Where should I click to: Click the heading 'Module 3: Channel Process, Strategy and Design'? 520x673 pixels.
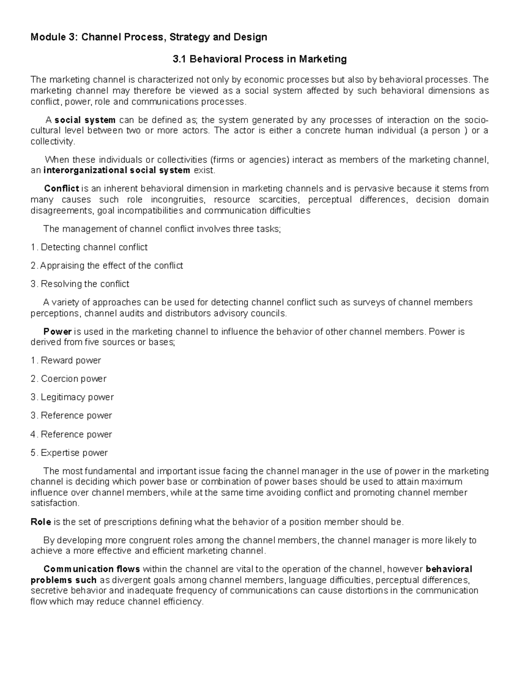(x=149, y=37)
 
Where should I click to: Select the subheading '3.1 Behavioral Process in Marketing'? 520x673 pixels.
(x=260, y=59)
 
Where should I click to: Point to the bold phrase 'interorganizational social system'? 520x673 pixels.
(x=117, y=170)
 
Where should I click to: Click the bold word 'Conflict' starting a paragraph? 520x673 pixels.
(x=62, y=189)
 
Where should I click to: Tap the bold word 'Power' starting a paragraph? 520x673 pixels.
(x=57, y=332)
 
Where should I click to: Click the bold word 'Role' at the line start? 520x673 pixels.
(x=41, y=522)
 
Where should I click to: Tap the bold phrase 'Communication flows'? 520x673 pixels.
(x=91, y=569)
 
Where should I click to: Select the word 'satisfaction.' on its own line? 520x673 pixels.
(x=55, y=503)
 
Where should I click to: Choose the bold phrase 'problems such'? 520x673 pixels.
(x=63, y=580)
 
